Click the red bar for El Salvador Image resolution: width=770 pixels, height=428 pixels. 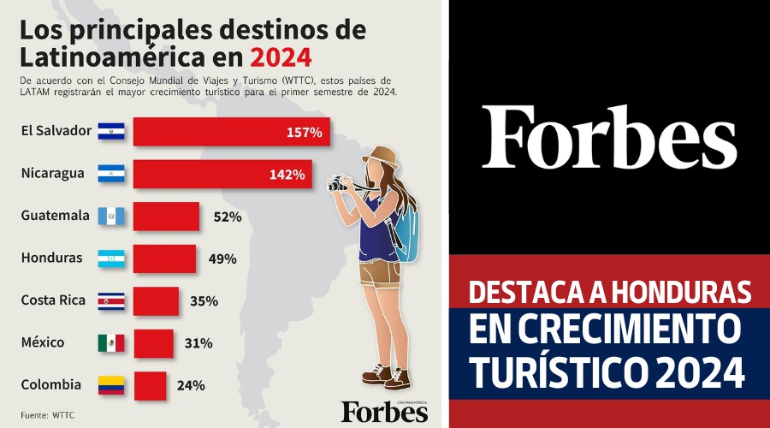click(231, 132)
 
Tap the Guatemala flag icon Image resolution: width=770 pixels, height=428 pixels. click(111, 217)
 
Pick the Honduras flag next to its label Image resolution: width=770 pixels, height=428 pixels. click(111, 259)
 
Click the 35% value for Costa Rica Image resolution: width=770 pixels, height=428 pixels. click(204, 301)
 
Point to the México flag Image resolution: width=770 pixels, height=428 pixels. click(111, 343)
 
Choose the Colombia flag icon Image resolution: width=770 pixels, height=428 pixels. click(111, 385)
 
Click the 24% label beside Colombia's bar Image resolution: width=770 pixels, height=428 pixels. click(191, 385)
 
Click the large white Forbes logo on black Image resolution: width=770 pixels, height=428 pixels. click(608, 137)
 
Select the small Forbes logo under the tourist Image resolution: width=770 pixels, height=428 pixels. click(384, 412)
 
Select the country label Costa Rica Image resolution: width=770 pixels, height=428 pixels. click(51, 300)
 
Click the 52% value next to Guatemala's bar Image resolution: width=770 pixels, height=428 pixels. click(228, 217)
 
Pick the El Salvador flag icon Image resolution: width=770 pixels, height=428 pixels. click(111, 132)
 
